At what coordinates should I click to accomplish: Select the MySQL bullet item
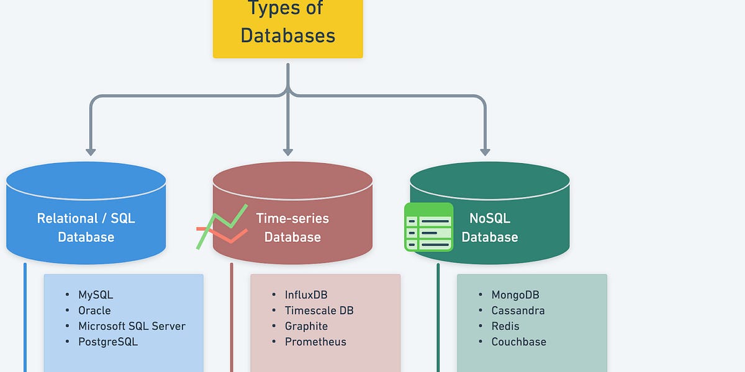(x=96, y=295)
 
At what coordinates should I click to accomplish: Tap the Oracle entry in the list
(x=94, y=311)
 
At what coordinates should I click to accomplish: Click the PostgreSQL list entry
(x=108, y=342)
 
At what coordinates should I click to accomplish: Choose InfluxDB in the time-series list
(x=306, y=295)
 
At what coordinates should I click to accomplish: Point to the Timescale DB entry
(x=319, y=311)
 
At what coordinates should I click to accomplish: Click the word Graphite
(x=306, y=326)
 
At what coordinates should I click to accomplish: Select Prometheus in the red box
(x=315, y=342)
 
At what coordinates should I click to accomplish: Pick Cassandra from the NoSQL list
(x=518, y=311)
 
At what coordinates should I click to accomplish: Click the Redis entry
(x=505, y=326)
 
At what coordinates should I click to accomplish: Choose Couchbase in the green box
(x=519, y=342)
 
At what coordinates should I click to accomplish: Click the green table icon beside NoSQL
(x=428, y=227)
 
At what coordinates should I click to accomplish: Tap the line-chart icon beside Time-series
(x=222, y=227)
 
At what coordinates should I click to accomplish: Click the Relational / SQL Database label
(x=86, y=228)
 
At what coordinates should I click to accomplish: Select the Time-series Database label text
(x=292, y=228)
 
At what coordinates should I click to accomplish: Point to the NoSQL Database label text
(x=489, y=228)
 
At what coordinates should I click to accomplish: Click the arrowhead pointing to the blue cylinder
(x=91, y=151)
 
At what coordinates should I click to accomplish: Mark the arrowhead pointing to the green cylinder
(x=485, y=151)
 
